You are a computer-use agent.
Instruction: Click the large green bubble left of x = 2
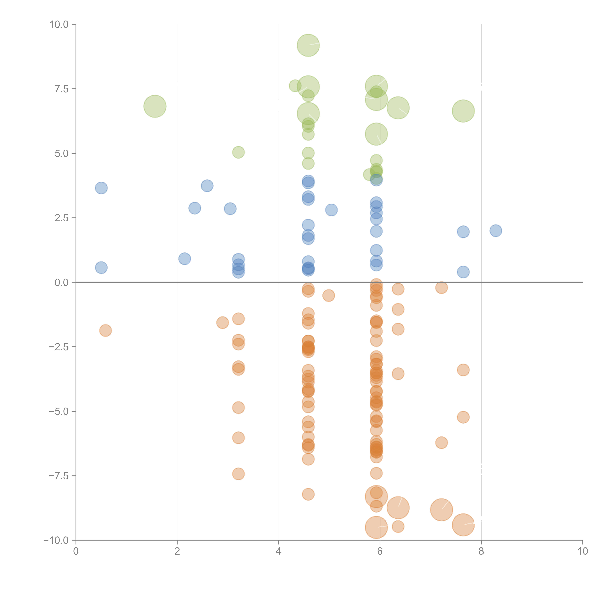click(x=155, y=106)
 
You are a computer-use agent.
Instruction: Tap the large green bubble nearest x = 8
click(x=463, y=111)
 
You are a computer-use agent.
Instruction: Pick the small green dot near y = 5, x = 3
click(x=238, y=152)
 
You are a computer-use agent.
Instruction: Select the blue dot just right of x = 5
click(x=331, y=210)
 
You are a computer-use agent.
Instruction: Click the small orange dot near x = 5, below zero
click(x=328, y=295)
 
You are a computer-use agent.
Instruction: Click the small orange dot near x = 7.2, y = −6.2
click(x=441, y=443)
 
